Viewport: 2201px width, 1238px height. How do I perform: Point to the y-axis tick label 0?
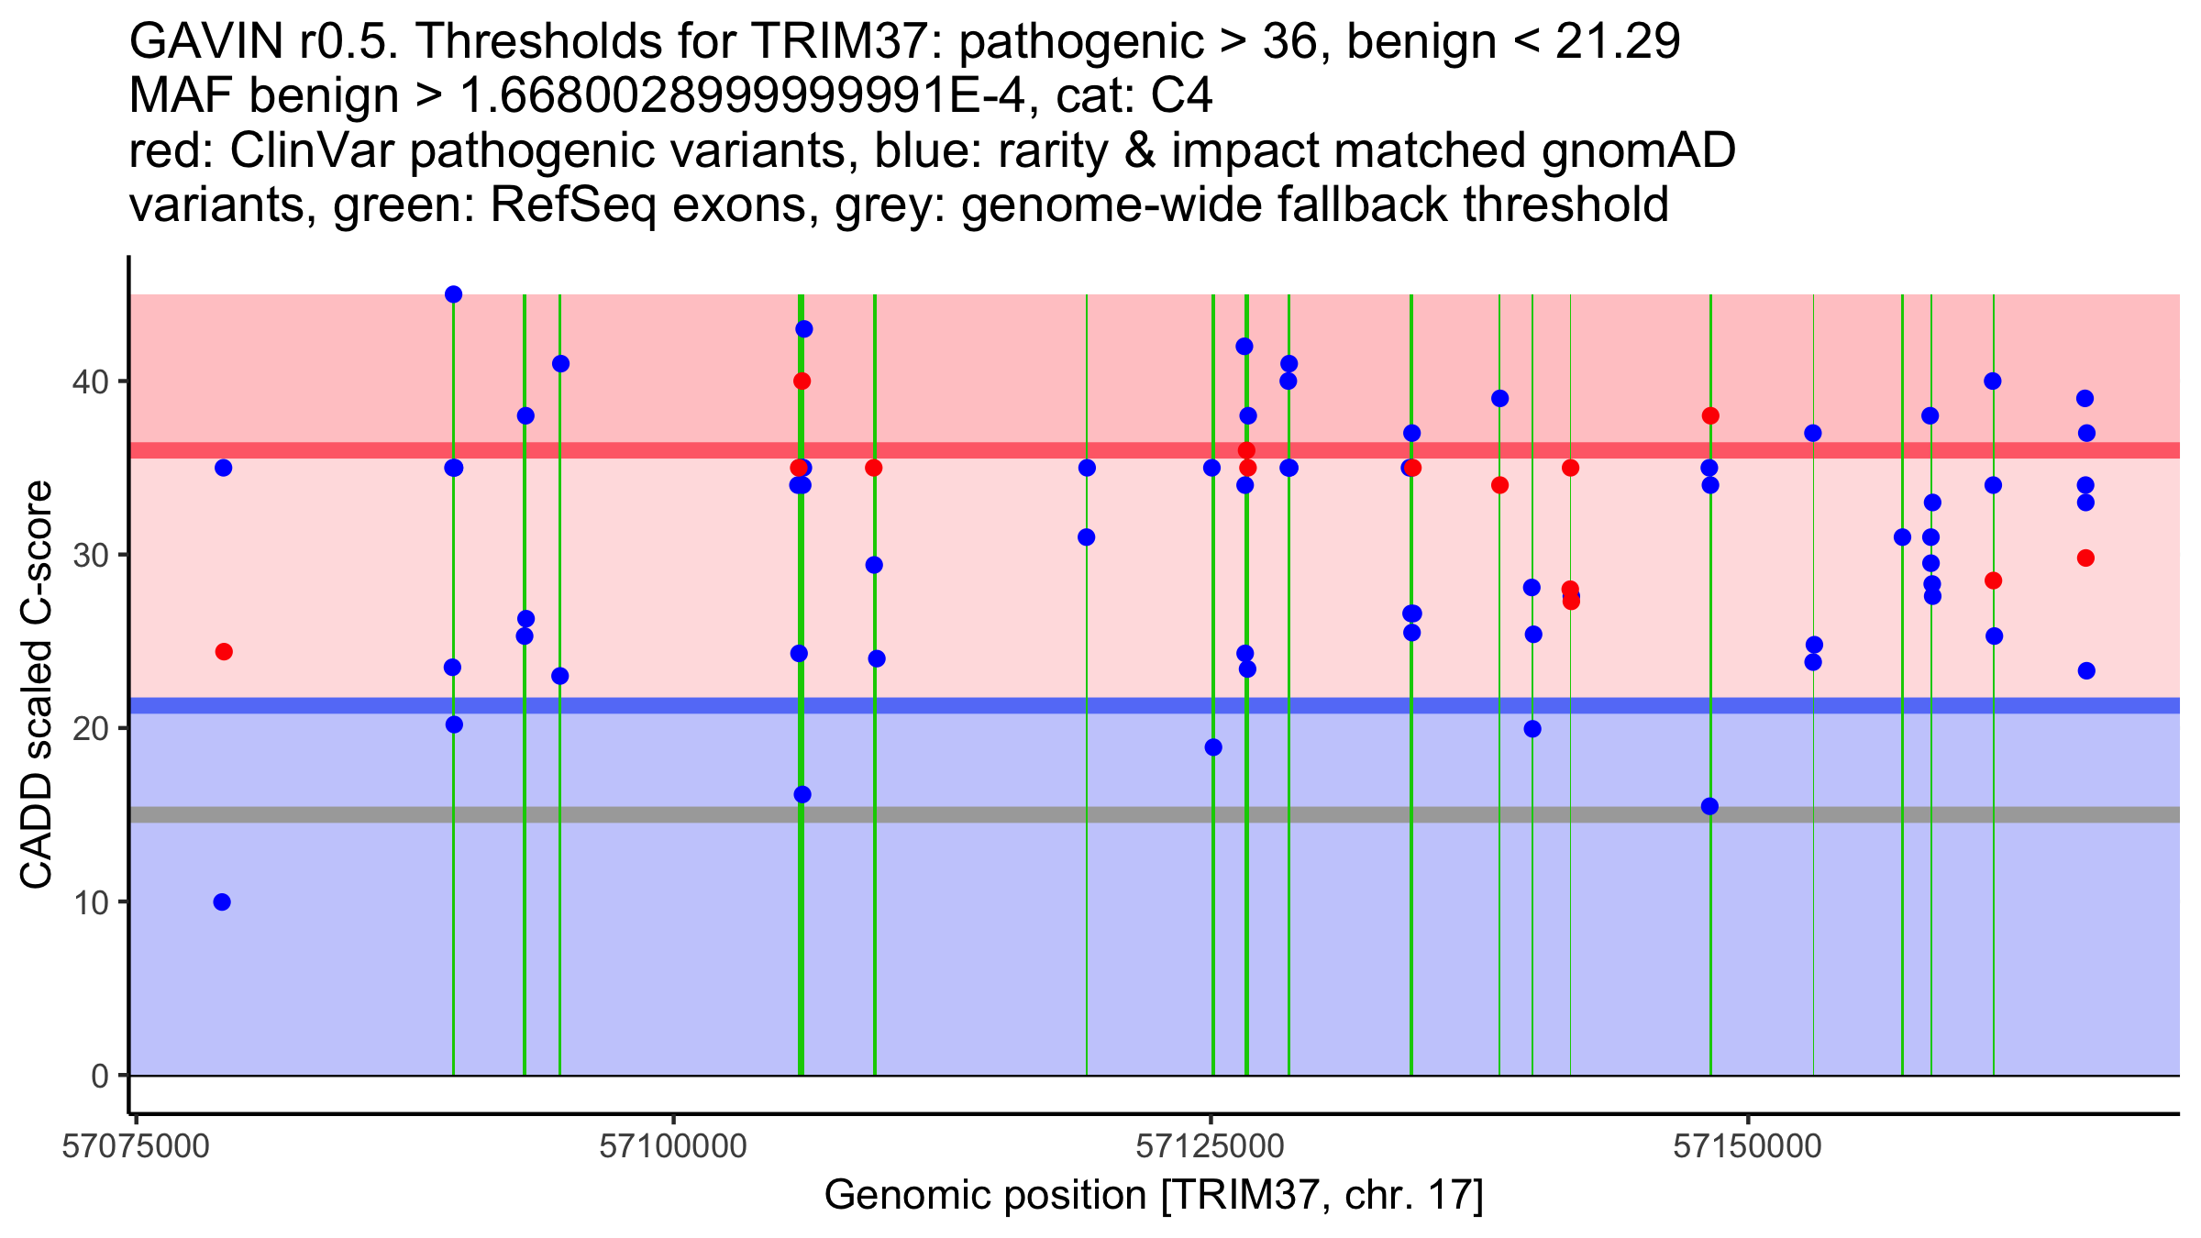[x=99, y=1076]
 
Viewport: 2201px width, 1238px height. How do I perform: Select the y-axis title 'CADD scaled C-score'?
[x=37, y=685]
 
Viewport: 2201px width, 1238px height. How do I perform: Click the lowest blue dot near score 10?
[x=222, y=902]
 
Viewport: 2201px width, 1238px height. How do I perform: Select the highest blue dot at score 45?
[x=453, y=294]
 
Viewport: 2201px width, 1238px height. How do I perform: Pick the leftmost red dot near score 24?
[x=224, y=652]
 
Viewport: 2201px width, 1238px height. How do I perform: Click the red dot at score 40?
[x=802, y=381]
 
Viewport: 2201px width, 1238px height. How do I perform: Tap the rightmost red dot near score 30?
[x=2085, y=558]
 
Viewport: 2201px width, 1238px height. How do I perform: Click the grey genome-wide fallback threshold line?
[x=1009, y=815]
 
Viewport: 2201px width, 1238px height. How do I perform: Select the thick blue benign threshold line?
[x=1009, y=705]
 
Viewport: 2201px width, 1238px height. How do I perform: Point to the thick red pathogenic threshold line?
[x=1009, y=450]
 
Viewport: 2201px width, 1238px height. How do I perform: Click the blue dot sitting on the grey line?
[x=1709, y=807]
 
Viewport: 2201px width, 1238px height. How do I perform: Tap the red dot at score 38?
[x=1710, y=416]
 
